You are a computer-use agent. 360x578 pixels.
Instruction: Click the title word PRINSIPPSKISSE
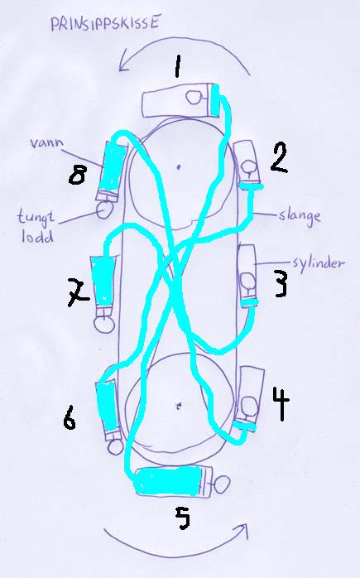[105, 23]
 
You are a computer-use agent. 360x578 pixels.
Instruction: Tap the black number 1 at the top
[178, 66]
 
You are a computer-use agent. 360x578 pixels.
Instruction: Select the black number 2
[279, 158]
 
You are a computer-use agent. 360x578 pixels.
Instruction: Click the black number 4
[281, 403]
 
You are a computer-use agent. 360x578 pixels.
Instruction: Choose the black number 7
[78, 291]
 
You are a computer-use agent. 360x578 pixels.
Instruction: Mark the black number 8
[78, 175]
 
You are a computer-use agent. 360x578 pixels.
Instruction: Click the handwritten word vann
[47, 142]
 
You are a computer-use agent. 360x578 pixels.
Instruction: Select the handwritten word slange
[299, 216]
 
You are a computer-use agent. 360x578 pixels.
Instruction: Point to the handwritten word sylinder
[319, 263]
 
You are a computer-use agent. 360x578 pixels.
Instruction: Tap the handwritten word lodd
[37, 236]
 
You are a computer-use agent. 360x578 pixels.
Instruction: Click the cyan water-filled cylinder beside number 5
[168, 480]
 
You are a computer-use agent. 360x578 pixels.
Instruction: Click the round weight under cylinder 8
[104, 210]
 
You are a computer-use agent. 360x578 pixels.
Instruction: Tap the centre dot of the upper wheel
[178, 167]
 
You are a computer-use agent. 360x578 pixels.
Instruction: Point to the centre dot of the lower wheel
[179, 407]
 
